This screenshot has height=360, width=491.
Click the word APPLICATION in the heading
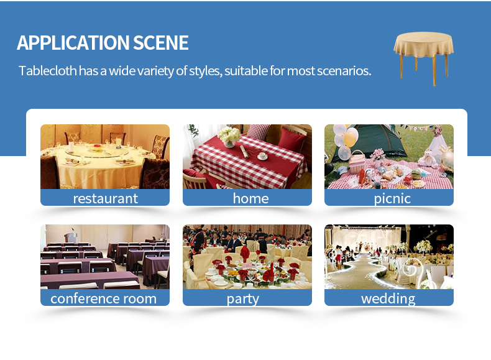pos(73,43)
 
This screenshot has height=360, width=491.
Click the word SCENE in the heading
pos(161,43)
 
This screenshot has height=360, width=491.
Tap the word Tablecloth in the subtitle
pos(48,70)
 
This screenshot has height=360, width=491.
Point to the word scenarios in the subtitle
pos(344,71)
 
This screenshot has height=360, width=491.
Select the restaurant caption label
pos(105,198)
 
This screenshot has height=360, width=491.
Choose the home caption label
pos(250,198)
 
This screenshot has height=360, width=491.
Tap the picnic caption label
pos(392,198)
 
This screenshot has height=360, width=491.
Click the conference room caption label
pos(103,298)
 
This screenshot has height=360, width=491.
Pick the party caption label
pos(243,299)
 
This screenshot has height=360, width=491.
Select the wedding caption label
pos(388,298)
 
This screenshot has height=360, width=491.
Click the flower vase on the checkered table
pos(229,137)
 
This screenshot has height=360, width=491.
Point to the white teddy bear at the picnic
pos(428,159)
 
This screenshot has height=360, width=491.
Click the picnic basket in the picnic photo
pos(357,162)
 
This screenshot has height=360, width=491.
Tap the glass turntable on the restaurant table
pos(97,151)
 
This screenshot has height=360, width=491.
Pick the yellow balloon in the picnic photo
pos(351,137)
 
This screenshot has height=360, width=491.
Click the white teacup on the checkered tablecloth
pos(262,155)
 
